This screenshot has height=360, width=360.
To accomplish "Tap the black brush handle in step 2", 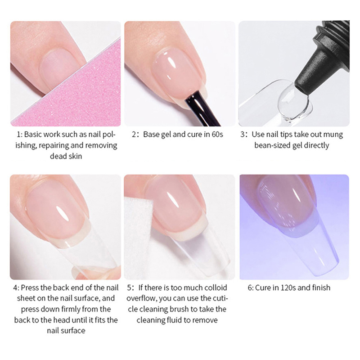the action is pos(202,108).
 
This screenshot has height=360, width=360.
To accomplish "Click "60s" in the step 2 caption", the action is pos(217,134).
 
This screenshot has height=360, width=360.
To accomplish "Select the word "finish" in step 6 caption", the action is pos(321,288).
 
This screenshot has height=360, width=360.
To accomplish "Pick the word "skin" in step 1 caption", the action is pos(75,156).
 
